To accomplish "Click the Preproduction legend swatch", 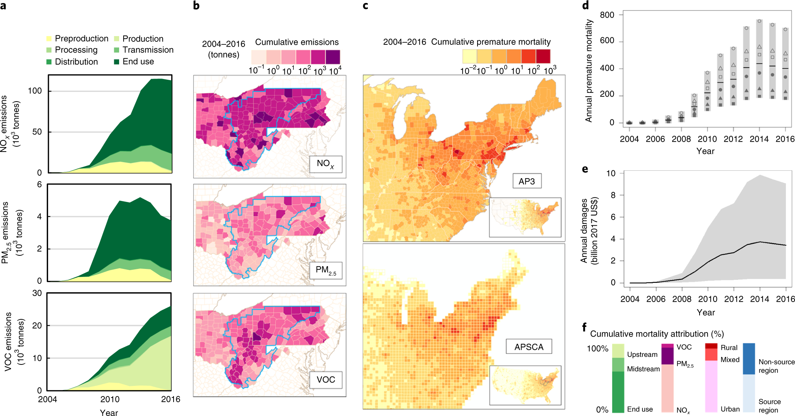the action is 49,39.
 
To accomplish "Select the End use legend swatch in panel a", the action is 116,62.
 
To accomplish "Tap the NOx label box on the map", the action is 326,164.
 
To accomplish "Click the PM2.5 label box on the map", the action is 326,270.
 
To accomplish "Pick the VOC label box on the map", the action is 326,380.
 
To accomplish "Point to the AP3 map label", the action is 527,181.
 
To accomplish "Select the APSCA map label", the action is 529,347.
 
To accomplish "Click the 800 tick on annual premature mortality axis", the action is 607,15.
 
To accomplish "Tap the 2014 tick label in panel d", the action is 759,139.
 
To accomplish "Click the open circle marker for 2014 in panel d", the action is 759,21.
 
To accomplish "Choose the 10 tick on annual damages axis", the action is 611,173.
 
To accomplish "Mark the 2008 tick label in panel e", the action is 682,299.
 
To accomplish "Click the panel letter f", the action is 584,327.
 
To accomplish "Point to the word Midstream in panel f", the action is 643,369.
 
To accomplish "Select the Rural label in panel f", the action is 729,348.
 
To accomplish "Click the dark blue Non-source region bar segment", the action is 749,359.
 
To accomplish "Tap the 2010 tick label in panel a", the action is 110,399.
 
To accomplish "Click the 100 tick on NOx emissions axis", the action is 35,91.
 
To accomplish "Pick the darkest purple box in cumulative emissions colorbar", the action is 333,57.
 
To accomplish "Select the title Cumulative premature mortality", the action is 491,42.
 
